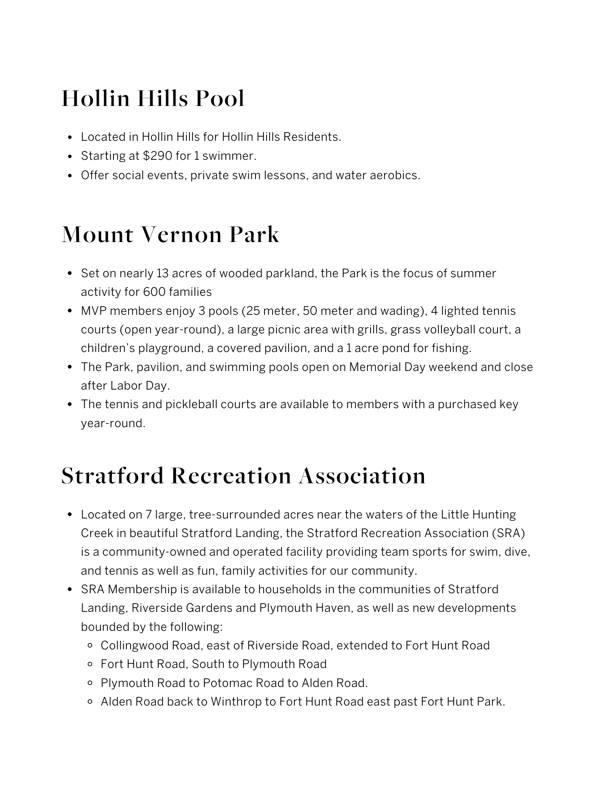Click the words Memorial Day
387,367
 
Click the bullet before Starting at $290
70,156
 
